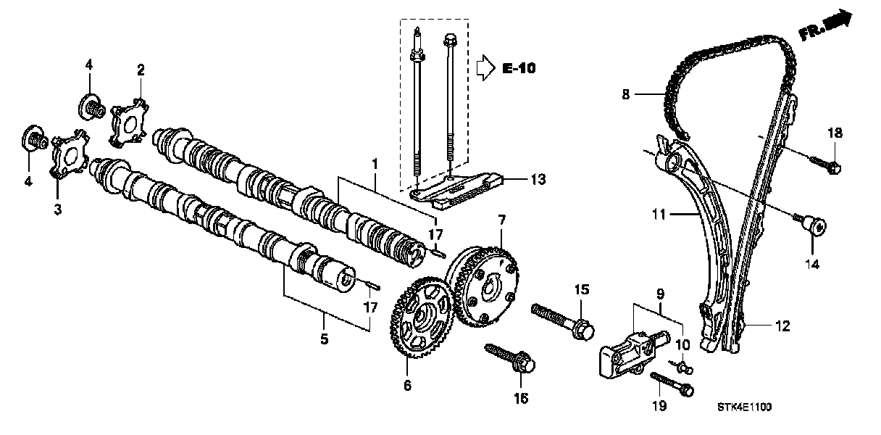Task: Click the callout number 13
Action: (538, 179)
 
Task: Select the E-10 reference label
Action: (519, 69)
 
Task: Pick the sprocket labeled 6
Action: (423, 319)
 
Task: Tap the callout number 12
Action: (782, 326)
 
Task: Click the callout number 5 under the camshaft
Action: (324, 339)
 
